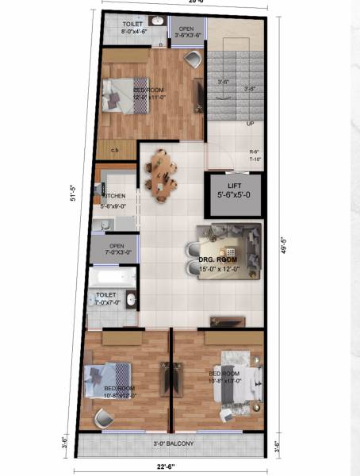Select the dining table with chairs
click(162, 175)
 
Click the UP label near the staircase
click(250, 124)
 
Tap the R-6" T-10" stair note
click(255, 155)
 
